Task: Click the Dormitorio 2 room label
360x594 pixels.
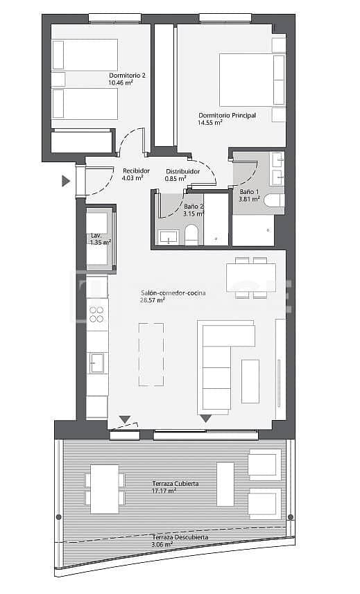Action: pyautogui.click(x=127, y=76)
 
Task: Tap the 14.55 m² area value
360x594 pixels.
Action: pyautogui.click(x=210, y=123)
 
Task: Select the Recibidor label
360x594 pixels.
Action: pyautogui.click(x=136, y=171)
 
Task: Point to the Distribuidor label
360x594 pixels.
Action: pyautogui.click(x=182, y=171)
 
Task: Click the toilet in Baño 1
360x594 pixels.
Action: pyautogui.click(x=275, y=201)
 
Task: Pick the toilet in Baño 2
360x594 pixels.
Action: pyautogui.click(x=192, y=236)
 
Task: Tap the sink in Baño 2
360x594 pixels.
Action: pyautogui.click(x=169, y=237)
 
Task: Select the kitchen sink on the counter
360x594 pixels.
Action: pyautogui.click(x=97, y=362)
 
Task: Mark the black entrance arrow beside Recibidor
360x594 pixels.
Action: pyautogui.click(x=66, y=182)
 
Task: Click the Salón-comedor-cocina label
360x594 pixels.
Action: pyautogui.click(x=173, y=293)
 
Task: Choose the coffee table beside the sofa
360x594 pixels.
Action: pyautogui.click(x=250, y=381)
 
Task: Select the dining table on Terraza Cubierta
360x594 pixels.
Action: pyautogui.click(x=104, y=489)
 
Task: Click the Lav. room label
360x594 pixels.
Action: pyautogui.click(x=96, y=236)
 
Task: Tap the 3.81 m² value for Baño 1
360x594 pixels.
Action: pyautogui.click(x=249, y=199)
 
